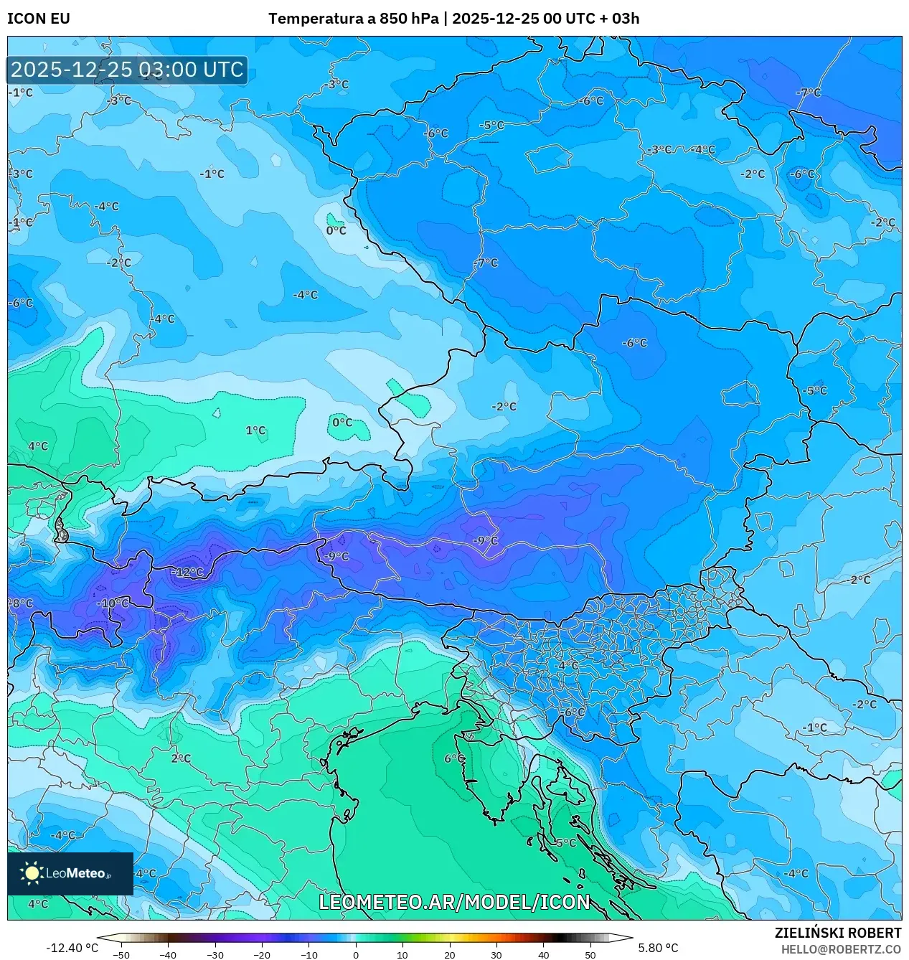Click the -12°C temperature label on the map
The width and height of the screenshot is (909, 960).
[x=189, y=573]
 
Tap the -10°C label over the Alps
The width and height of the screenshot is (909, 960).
[x=115, y=603]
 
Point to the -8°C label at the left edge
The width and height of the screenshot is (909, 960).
[x=22, y=603]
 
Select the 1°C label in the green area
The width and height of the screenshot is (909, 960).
[x=255, y=430]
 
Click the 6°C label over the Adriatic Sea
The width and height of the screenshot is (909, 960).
[x=453, y=758]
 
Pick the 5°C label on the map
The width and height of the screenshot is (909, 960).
[x=565, y=843]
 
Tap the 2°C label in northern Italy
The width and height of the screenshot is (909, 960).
[x=181, y=758]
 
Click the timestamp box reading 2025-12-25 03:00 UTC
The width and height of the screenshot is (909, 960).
[x=128, y=70]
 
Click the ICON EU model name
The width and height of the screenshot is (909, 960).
[x=39, y=19]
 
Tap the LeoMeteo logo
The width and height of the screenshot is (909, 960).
[x=70, y=873]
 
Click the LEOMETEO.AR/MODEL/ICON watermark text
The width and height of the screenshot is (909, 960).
[x=454, y=902]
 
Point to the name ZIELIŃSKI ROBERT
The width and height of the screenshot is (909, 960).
[x=837, y=933]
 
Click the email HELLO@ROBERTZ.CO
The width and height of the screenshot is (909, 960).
[x=841, y=949]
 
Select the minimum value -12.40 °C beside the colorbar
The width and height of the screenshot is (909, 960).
[x=72, y=948]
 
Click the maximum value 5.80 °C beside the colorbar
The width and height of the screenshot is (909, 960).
[x=658, y=948]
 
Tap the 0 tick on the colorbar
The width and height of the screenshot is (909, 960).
[x=356, y=954]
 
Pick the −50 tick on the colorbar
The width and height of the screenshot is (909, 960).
[x=121, y=954]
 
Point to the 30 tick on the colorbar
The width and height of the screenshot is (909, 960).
[x=496, y=954]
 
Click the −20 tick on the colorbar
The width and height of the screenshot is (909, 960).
[x=262, y=954]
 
